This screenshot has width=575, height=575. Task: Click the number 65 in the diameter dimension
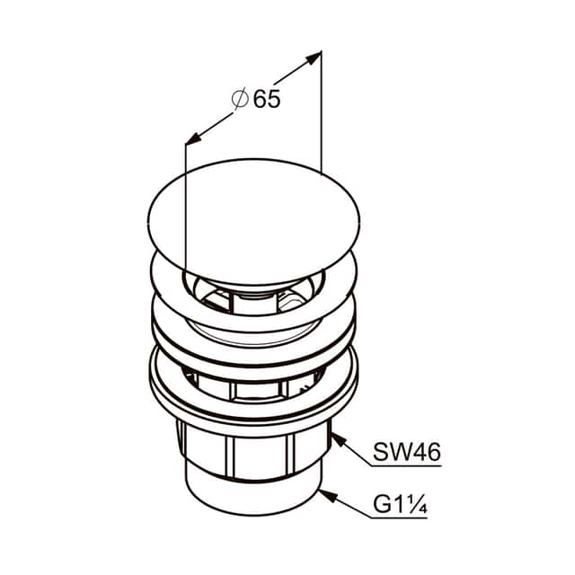click(x=267, y=99)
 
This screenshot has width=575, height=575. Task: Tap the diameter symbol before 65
click(x=241, y=99)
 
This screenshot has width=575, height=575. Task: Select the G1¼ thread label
click(x=400, y=504)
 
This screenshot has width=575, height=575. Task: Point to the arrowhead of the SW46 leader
click(x=338, y=439)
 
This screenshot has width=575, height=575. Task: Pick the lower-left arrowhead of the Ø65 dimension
click(x=193, y=137)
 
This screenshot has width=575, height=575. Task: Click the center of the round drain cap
click(x=253, y=222)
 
